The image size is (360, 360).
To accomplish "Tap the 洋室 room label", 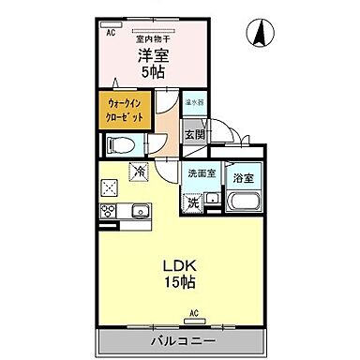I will pos(151,53).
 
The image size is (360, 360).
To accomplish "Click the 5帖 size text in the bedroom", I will pos(152,71).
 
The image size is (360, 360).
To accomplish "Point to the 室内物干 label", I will pos(152,37).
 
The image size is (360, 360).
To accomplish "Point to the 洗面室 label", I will pos(200,173).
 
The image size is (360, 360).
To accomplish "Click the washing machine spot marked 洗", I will pos(191,200).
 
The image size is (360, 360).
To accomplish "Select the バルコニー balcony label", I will pos(181,338).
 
